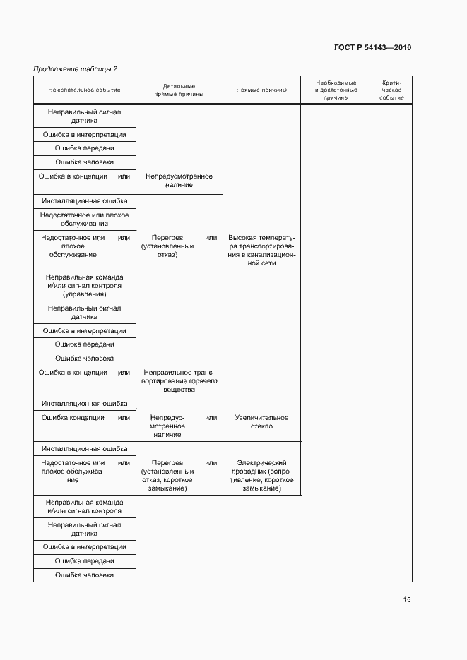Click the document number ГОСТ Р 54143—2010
pos(372,48)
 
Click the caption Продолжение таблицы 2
pos(76,68)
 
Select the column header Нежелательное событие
pos(84,90)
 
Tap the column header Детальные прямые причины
pos(179,90)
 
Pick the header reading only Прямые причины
pos(261,90)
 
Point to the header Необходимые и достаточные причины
pos(336,90)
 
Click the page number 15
pos(407,600)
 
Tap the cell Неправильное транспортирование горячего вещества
pos(179,381)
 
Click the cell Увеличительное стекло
pos(261,422)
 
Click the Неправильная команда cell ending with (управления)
pos(84,286)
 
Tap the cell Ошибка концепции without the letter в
pos(73,418)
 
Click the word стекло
pos(261,426)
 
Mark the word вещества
pos(179,390)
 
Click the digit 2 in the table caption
pos(115,68)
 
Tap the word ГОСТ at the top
pos(346,48)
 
